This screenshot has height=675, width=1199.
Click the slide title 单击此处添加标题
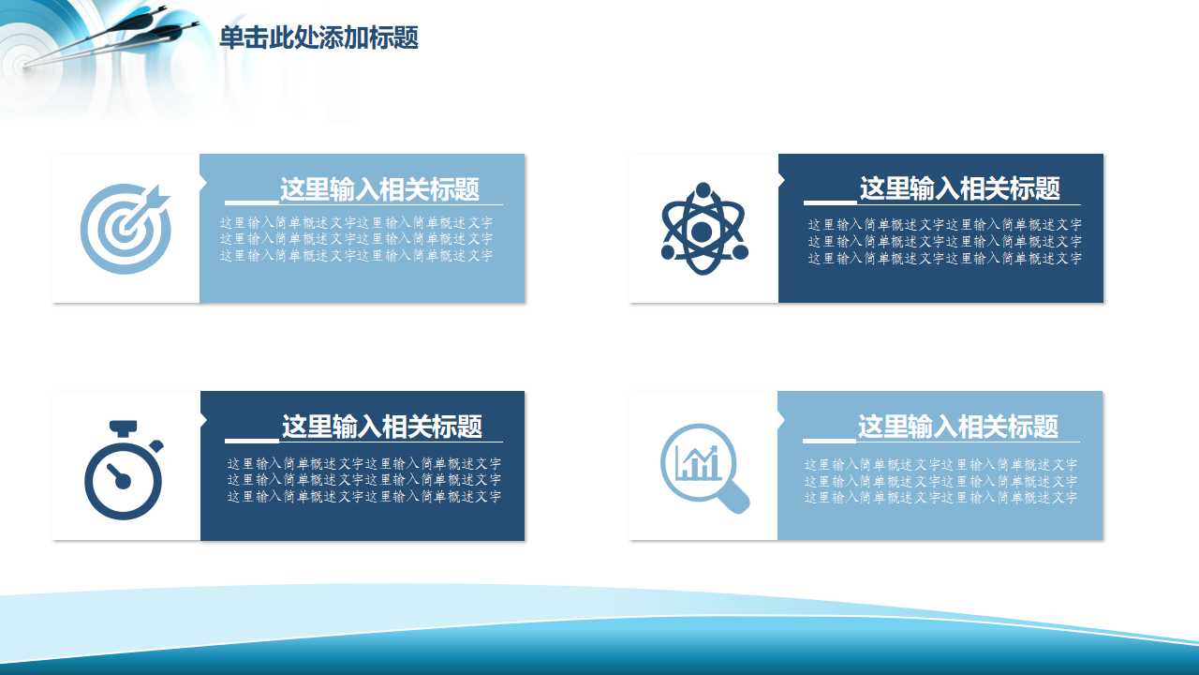coord(318,38)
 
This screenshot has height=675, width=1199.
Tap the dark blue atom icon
coord(703,229)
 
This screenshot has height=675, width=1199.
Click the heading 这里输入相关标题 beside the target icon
coord(379,189)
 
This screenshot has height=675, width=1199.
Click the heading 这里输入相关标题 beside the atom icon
coord(959,188)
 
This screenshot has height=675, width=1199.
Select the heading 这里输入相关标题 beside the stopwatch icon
coord(381,427)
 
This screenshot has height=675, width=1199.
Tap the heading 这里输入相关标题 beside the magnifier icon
coord(957,427)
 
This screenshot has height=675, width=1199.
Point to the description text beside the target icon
coord(356,239)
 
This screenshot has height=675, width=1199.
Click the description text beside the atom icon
coord(944,241)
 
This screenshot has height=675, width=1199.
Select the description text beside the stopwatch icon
coord(363,479)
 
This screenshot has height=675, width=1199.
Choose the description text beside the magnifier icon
coord(940,480)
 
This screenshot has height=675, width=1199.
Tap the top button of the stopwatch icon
coord(124,428)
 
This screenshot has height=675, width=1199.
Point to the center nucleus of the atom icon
coord(703,231)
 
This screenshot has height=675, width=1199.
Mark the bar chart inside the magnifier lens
coord(698,462)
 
